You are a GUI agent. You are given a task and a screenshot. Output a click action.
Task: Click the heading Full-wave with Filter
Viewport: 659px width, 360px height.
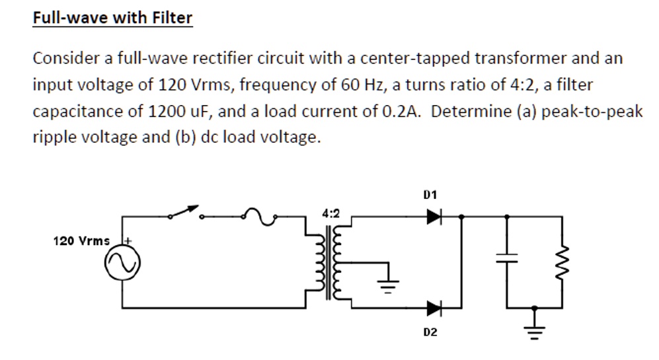click(x=112, y=18)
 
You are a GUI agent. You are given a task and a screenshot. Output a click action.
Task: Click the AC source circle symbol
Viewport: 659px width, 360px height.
click(x=123, y=265)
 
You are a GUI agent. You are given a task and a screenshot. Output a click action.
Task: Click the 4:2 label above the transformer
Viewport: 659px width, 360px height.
click(x=331, y=213)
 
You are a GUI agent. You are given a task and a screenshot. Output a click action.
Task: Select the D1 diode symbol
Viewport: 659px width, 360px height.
click(x=434, y=216)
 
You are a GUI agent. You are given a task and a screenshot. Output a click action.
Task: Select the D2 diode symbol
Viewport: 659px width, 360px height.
click(x=434, y=307)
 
